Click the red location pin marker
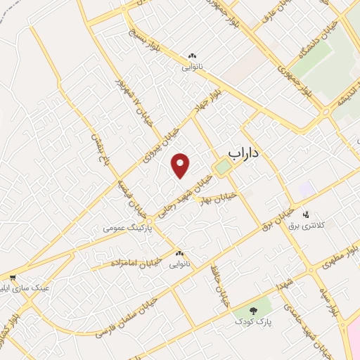(x=181, y=165)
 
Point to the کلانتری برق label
(x=304, y=226)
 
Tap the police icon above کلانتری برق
(x=305, y=214)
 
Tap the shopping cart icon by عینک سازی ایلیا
(x=12, y=277)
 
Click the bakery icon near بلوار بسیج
(x=192, y=56)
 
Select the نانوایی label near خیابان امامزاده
(x=173, y=265)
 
